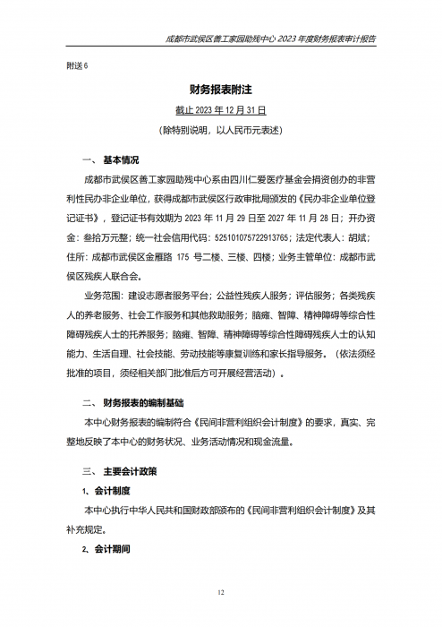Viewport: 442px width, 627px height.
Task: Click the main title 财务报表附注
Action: click(220, 91)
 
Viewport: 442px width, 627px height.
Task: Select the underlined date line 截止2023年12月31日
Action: click(220, 111)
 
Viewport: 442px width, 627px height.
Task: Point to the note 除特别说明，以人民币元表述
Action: click(220, 131)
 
